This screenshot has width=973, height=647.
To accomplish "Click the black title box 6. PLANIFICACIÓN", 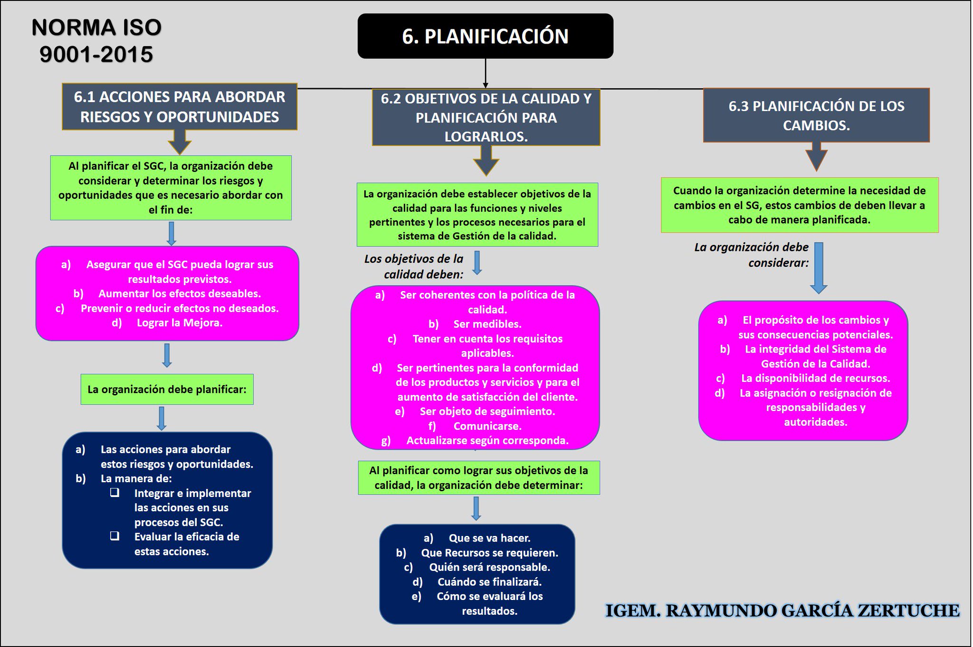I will pyautogui.click(x=485, y=36).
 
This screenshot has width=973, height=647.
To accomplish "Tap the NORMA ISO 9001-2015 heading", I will pyautogui.click(x=96, y=41).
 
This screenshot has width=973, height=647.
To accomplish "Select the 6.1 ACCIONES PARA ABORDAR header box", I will pyautogui.click(x=180, y=107).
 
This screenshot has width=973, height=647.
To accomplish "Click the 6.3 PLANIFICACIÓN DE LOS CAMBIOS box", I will pyautogui.click(x=816, y=115).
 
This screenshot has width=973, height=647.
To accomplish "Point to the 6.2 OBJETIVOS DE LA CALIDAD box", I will pyautogui.click(x=486, y=117).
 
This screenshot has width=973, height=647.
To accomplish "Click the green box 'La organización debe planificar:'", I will pyautogui.click(x=167, y=389).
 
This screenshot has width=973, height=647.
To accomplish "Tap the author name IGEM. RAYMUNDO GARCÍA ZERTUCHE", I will pyautogui.click(x=782, y=610).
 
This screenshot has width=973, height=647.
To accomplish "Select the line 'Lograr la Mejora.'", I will pyautogui.click(x=179, y=323).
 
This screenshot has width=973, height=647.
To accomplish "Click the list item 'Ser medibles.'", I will pyautogui.click(x=487, y=324).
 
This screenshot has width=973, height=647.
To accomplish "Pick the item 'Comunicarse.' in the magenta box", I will pyautogui.click(x=487, y=426).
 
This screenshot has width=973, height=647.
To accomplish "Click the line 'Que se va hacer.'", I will pyautogui.click(x=489, y=538).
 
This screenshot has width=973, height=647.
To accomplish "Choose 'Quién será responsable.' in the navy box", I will pyautogui.click(x=489, y=567).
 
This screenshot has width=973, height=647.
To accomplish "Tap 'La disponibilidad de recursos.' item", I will pyautogui.click(x=815, y=378).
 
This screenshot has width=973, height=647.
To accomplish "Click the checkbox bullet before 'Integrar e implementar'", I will pyautogui.click(x=114, y=492).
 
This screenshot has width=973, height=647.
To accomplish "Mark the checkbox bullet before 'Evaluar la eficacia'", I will pyautogui.click(x=114, y=536).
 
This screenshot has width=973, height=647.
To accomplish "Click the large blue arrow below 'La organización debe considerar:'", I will pyautogui.click(x=819, y=268).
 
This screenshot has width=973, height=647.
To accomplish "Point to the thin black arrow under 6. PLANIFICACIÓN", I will pyautogui.click(x=486, y=74).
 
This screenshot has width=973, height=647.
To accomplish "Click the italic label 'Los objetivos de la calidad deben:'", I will pyautogui.click(x=414, y=266).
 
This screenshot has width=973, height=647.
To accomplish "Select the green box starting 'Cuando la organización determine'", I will pyautogui.click(x=800, y=205).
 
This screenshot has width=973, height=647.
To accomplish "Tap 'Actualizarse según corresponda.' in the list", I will pyautogui.click(x=487, y=441).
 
